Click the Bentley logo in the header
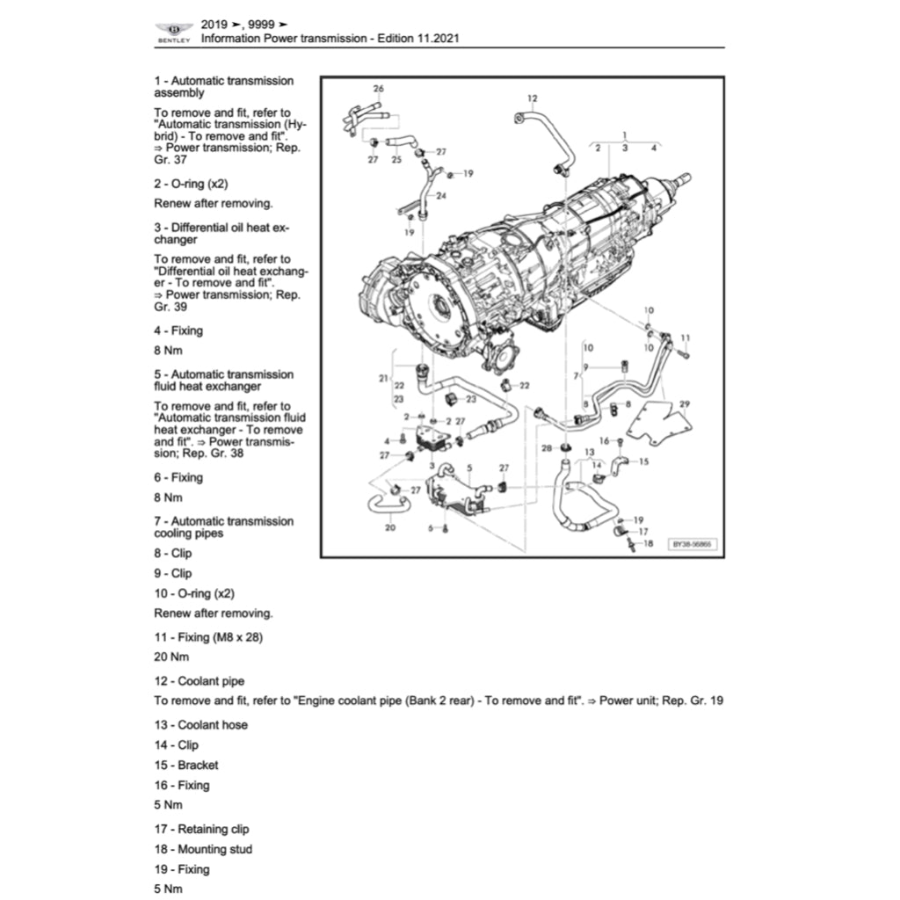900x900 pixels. [x=173, y=33]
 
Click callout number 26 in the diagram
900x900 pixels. [x=379, y=89]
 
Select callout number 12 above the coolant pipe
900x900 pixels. [x=532, y=98]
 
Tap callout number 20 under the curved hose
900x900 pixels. [x=390, y=527]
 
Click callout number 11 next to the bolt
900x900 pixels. [x=686, y=338]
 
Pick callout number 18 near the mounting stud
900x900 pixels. [x=649, y=544]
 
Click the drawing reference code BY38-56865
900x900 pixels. [x=693, y=545]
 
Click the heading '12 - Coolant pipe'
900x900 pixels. [x=200, y=681]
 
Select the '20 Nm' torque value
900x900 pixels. [x=171, y=657]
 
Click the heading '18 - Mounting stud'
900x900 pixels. [x=203, y=849]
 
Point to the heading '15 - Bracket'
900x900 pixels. [x=186, y=765]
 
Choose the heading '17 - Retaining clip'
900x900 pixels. [x=201, y=829]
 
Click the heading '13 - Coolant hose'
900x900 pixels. [x=200, y=725]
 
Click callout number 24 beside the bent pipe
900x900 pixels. [x=440, y=195]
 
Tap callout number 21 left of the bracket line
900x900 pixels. [x=383, y=379]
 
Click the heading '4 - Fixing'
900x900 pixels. [x=178, y=330]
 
